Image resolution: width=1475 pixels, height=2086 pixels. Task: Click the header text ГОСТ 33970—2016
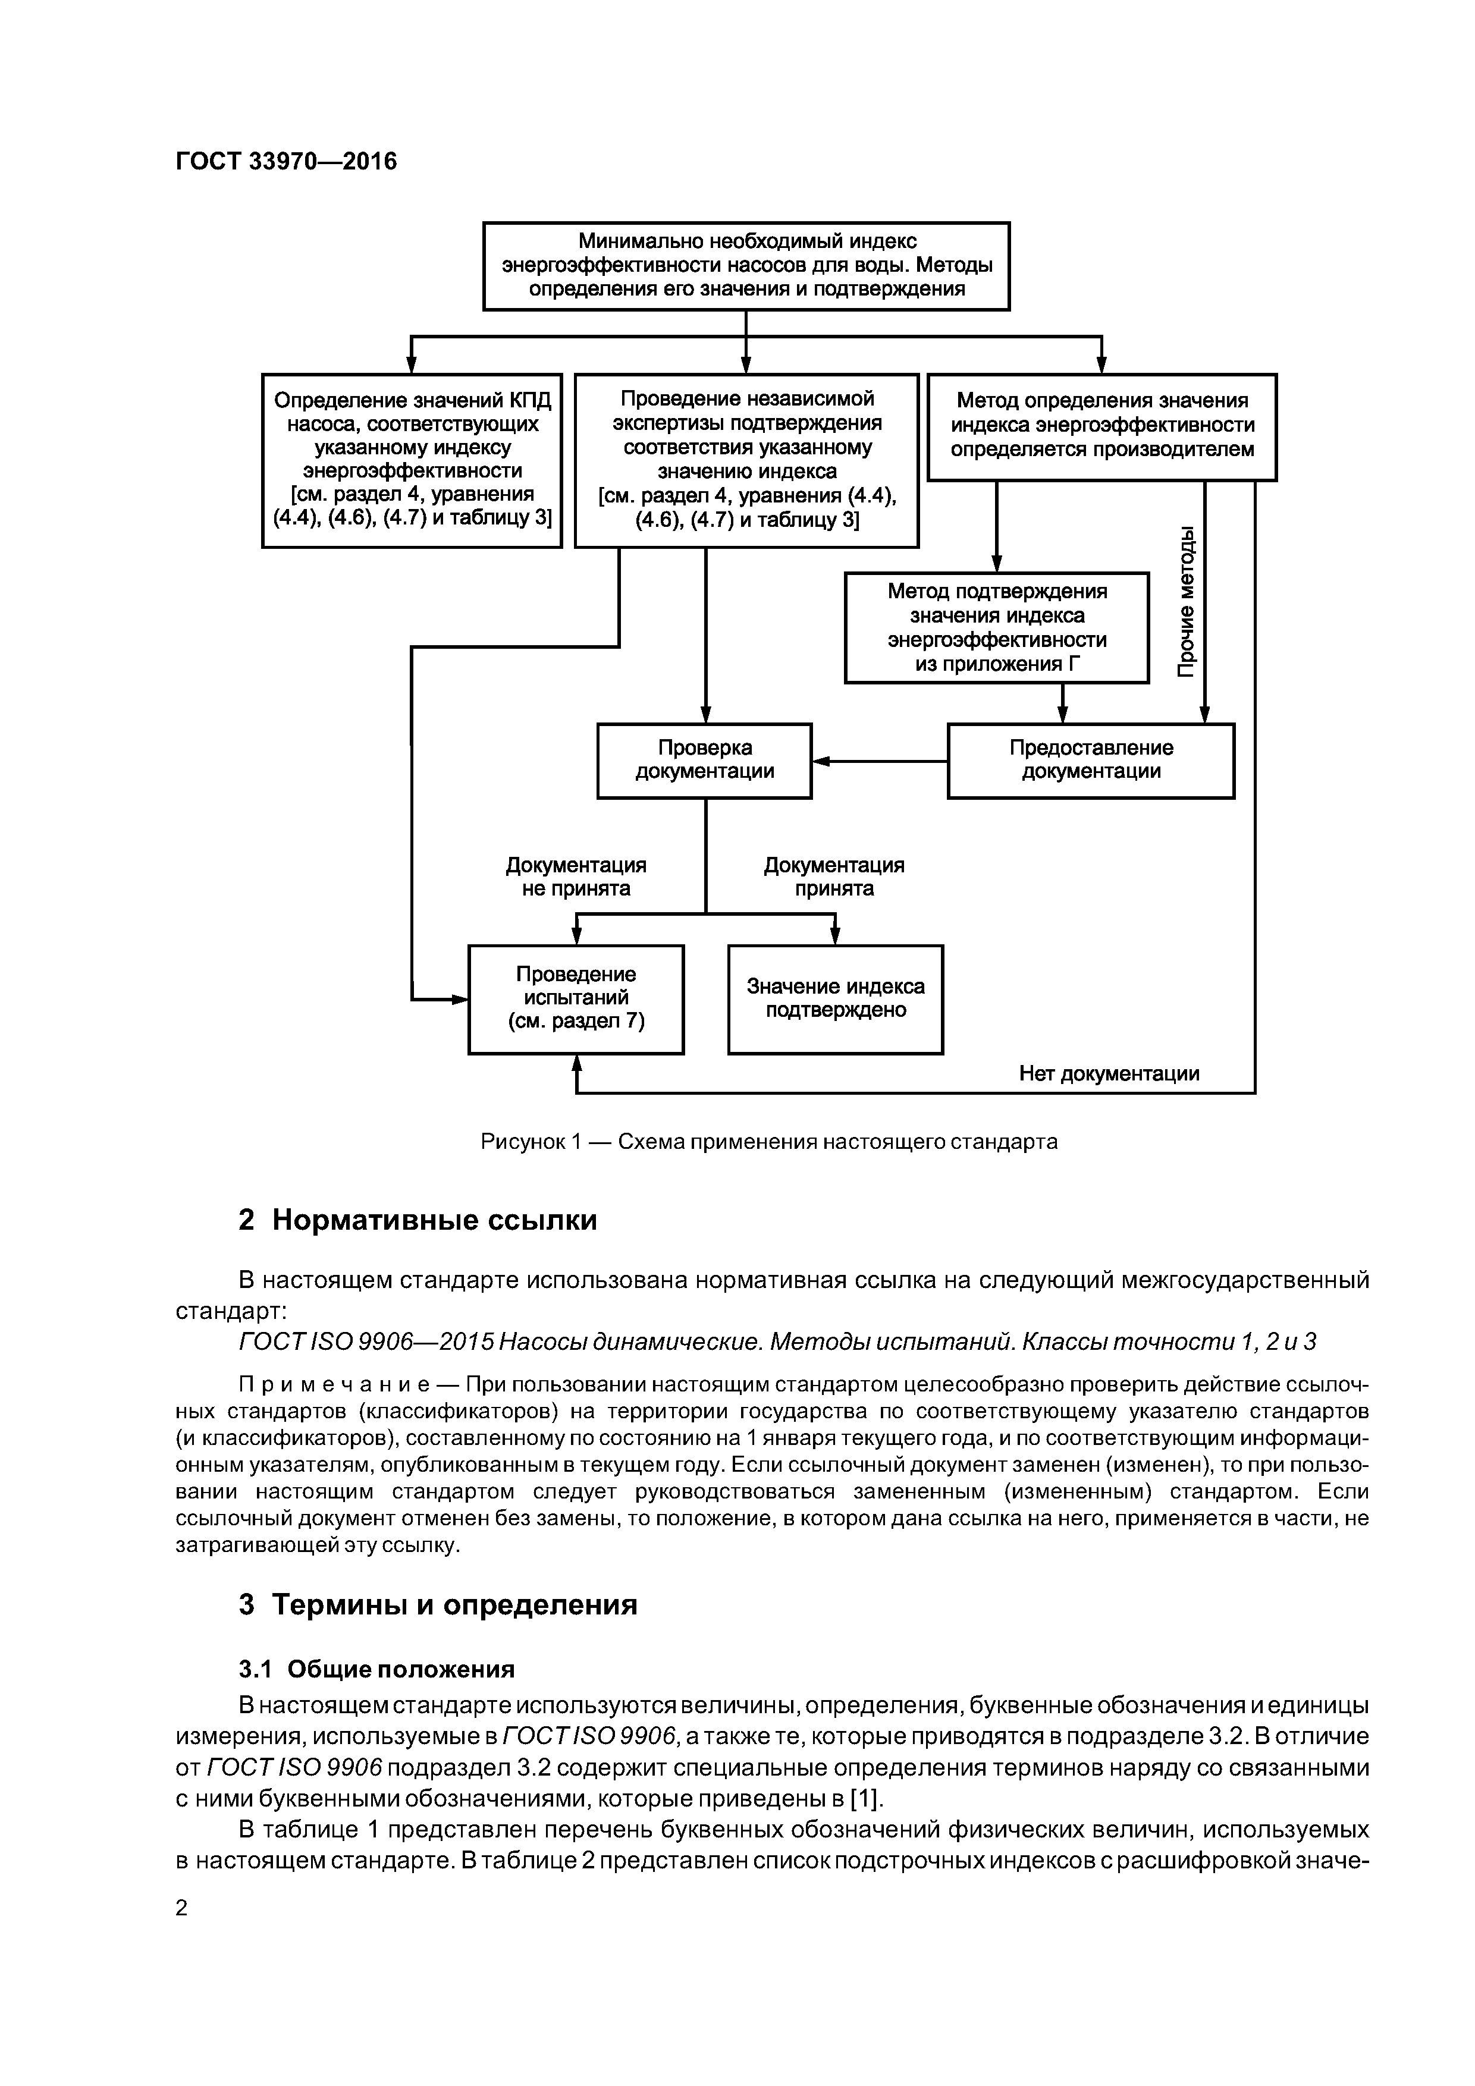click(x=285, y=162)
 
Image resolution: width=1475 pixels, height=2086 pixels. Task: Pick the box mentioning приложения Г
click(x=996, y=627)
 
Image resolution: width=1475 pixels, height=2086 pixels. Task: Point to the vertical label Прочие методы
click(x=1186, y=601)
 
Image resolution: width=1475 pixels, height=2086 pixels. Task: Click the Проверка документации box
click(x=704, y=761)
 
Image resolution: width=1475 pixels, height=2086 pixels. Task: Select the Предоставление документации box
click(x=1091, y=761)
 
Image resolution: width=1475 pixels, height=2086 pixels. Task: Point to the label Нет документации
click(x=1108, y=1074)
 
